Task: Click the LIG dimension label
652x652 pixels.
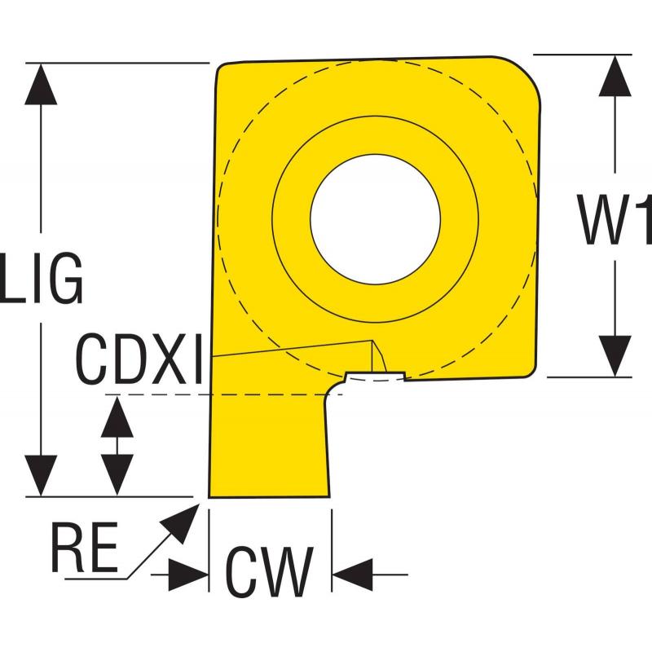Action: pyautogui.click(x=42, y=277)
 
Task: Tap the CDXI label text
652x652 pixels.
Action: pyautogui.click(x=139, y=359)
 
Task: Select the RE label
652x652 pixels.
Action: pyautogui.click(x=85, y=547)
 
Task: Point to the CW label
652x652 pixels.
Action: pyautogui.click(x=270, y=572)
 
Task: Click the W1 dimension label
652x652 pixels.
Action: pyautogui.click(x=615, y=218)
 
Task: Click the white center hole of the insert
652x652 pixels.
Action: pyautogui.click(x=376, y=219)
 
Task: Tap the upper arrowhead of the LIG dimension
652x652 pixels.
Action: pyautogui.click(x=41, y=85)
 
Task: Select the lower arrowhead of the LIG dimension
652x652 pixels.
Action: pyautogui.click(x=41, y=475)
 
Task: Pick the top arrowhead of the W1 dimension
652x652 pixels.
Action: pyautogui.click(x=615, y=76)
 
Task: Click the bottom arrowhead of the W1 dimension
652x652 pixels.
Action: pyautogui.click(x=615, y=356)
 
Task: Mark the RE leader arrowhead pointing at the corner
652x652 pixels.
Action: pyautogui.click(x=182, y=522)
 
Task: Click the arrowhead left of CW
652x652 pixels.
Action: pyautogui.click(x=188, y=575)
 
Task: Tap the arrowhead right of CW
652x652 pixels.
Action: pyautogui.click(x=352, y=575)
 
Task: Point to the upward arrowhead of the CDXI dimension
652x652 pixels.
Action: pyautogui.click(x=117, y=416)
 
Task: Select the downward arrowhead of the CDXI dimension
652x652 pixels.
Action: pyautogui.click(x=117, y=475)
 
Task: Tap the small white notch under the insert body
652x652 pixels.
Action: pyautogui.click(x=376, y=377)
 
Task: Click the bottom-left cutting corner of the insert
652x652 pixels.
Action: pyautogui.click(x=209, y=496)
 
